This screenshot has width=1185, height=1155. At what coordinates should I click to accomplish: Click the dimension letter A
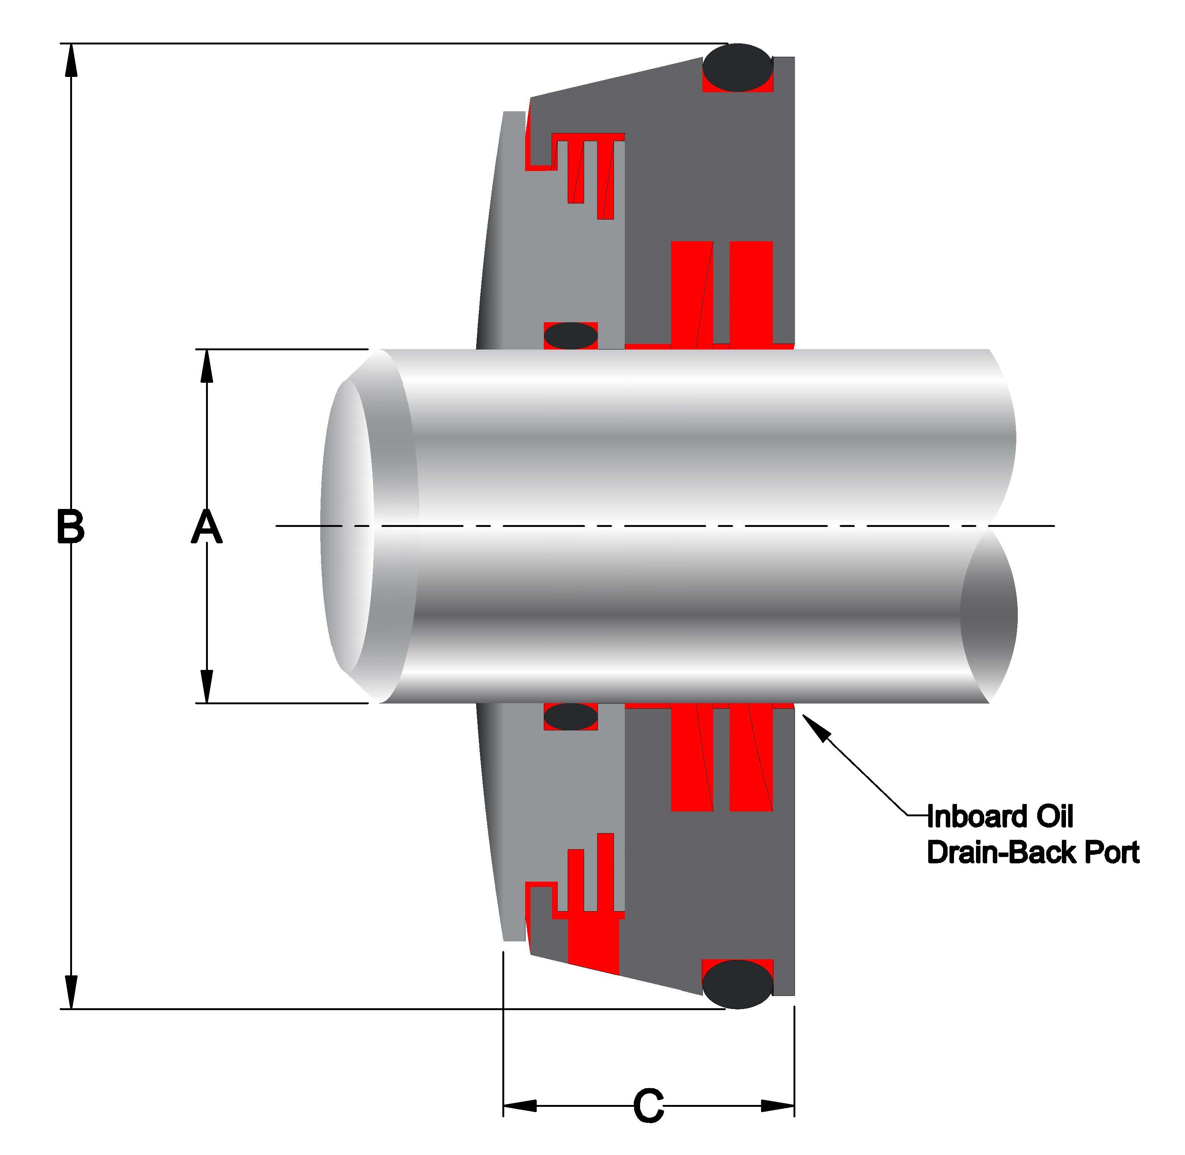207,527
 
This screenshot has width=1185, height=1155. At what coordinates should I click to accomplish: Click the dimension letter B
70,527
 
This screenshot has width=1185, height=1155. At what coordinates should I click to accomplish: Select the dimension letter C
648,1106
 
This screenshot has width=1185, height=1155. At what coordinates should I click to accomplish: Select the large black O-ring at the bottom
737,984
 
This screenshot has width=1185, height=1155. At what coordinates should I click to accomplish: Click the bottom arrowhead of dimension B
72,993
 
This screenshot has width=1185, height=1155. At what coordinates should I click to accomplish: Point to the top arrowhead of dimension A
207,366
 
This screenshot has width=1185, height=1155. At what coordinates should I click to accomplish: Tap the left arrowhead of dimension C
520,1106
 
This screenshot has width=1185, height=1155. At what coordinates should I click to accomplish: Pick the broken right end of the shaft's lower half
989,616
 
